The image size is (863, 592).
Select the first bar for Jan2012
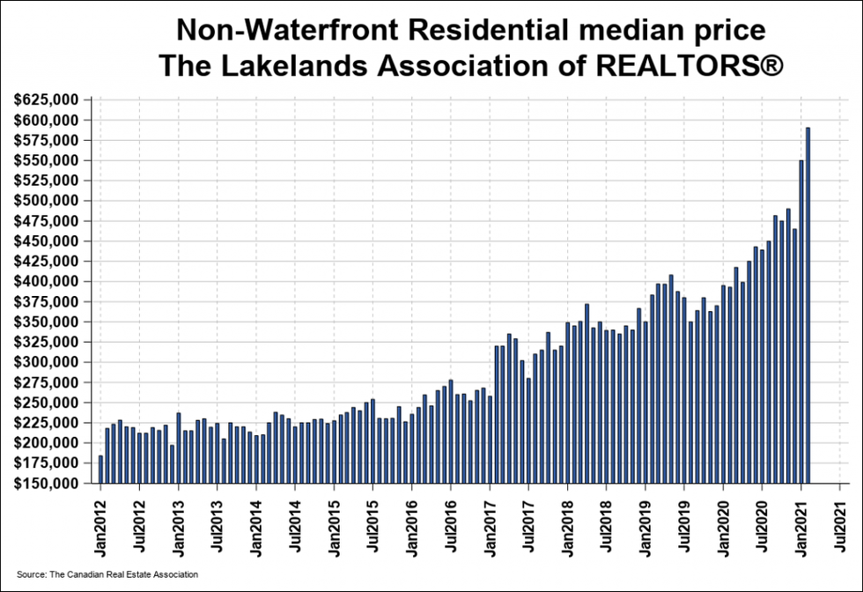coord(100,469)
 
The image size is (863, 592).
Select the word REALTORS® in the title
coord(695,67)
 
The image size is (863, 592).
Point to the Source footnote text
coord(107,574)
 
